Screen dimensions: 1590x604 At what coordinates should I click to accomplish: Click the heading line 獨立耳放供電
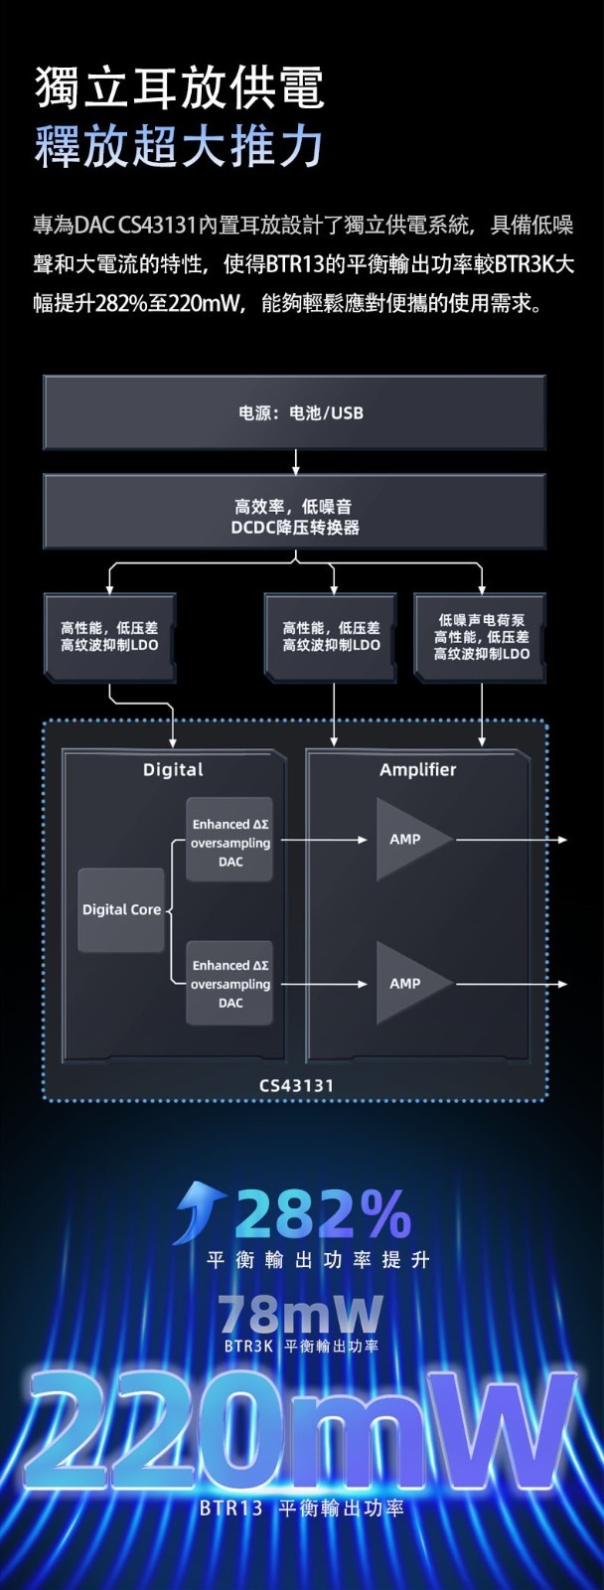point(179,87)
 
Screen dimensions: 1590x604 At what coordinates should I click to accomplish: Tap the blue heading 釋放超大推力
point(179,146)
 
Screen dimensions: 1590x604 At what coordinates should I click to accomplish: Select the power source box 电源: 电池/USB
point(295,412)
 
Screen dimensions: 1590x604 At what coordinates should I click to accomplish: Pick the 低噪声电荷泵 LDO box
point(481,637)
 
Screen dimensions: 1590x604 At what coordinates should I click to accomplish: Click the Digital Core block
point(121,909)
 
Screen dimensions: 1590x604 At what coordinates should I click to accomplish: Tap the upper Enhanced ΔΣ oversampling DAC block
point(230,843)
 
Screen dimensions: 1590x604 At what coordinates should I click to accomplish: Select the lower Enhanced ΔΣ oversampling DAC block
point(230,984)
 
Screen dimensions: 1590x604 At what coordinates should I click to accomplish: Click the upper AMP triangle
point(407,840)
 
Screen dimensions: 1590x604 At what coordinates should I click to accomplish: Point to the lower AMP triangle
point(407,984)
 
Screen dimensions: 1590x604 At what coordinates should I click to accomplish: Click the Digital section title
point(173,770)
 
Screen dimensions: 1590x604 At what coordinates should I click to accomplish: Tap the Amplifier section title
point(417,770)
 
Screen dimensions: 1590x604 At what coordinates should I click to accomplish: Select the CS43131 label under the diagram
point(296,1085)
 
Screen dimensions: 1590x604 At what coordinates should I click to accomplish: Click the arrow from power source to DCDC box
point(295,461)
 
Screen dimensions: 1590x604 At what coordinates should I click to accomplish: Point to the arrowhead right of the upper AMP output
point(562,840)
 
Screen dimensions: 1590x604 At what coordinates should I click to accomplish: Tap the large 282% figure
point(323,1213)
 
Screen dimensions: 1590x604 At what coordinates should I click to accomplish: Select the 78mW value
point(300,1314)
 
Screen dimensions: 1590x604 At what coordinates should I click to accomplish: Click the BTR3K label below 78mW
point(248,1347)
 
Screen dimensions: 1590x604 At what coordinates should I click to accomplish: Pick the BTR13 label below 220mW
point(231,1509)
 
